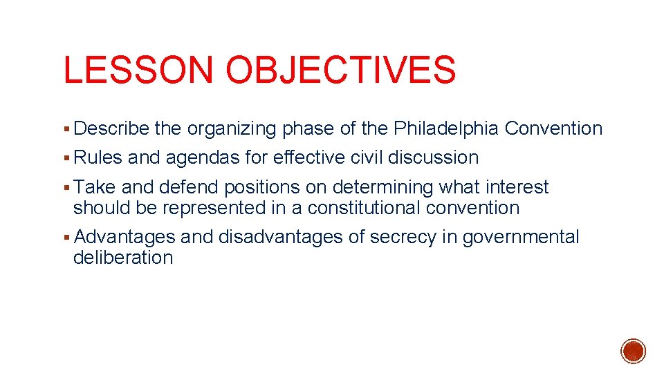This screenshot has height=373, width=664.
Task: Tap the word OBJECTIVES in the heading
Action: pyautogui.click(x=341, y=70)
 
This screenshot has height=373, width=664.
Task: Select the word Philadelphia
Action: pyautogui.click(x=446, y=128)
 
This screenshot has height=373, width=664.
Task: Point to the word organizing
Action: pyautogui.click(x=232, y=129)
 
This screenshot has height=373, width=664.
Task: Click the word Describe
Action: pyautogui.click(x=111, y=128)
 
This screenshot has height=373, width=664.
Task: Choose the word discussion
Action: pyautogui.click(x=433, y=157)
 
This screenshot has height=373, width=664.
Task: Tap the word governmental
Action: pyautogui.click(x=521, y=238)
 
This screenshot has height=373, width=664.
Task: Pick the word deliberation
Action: pyautogui.click(x=123, y=258)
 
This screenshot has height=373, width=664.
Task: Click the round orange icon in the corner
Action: pyautogui.click(x=634, y=351)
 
